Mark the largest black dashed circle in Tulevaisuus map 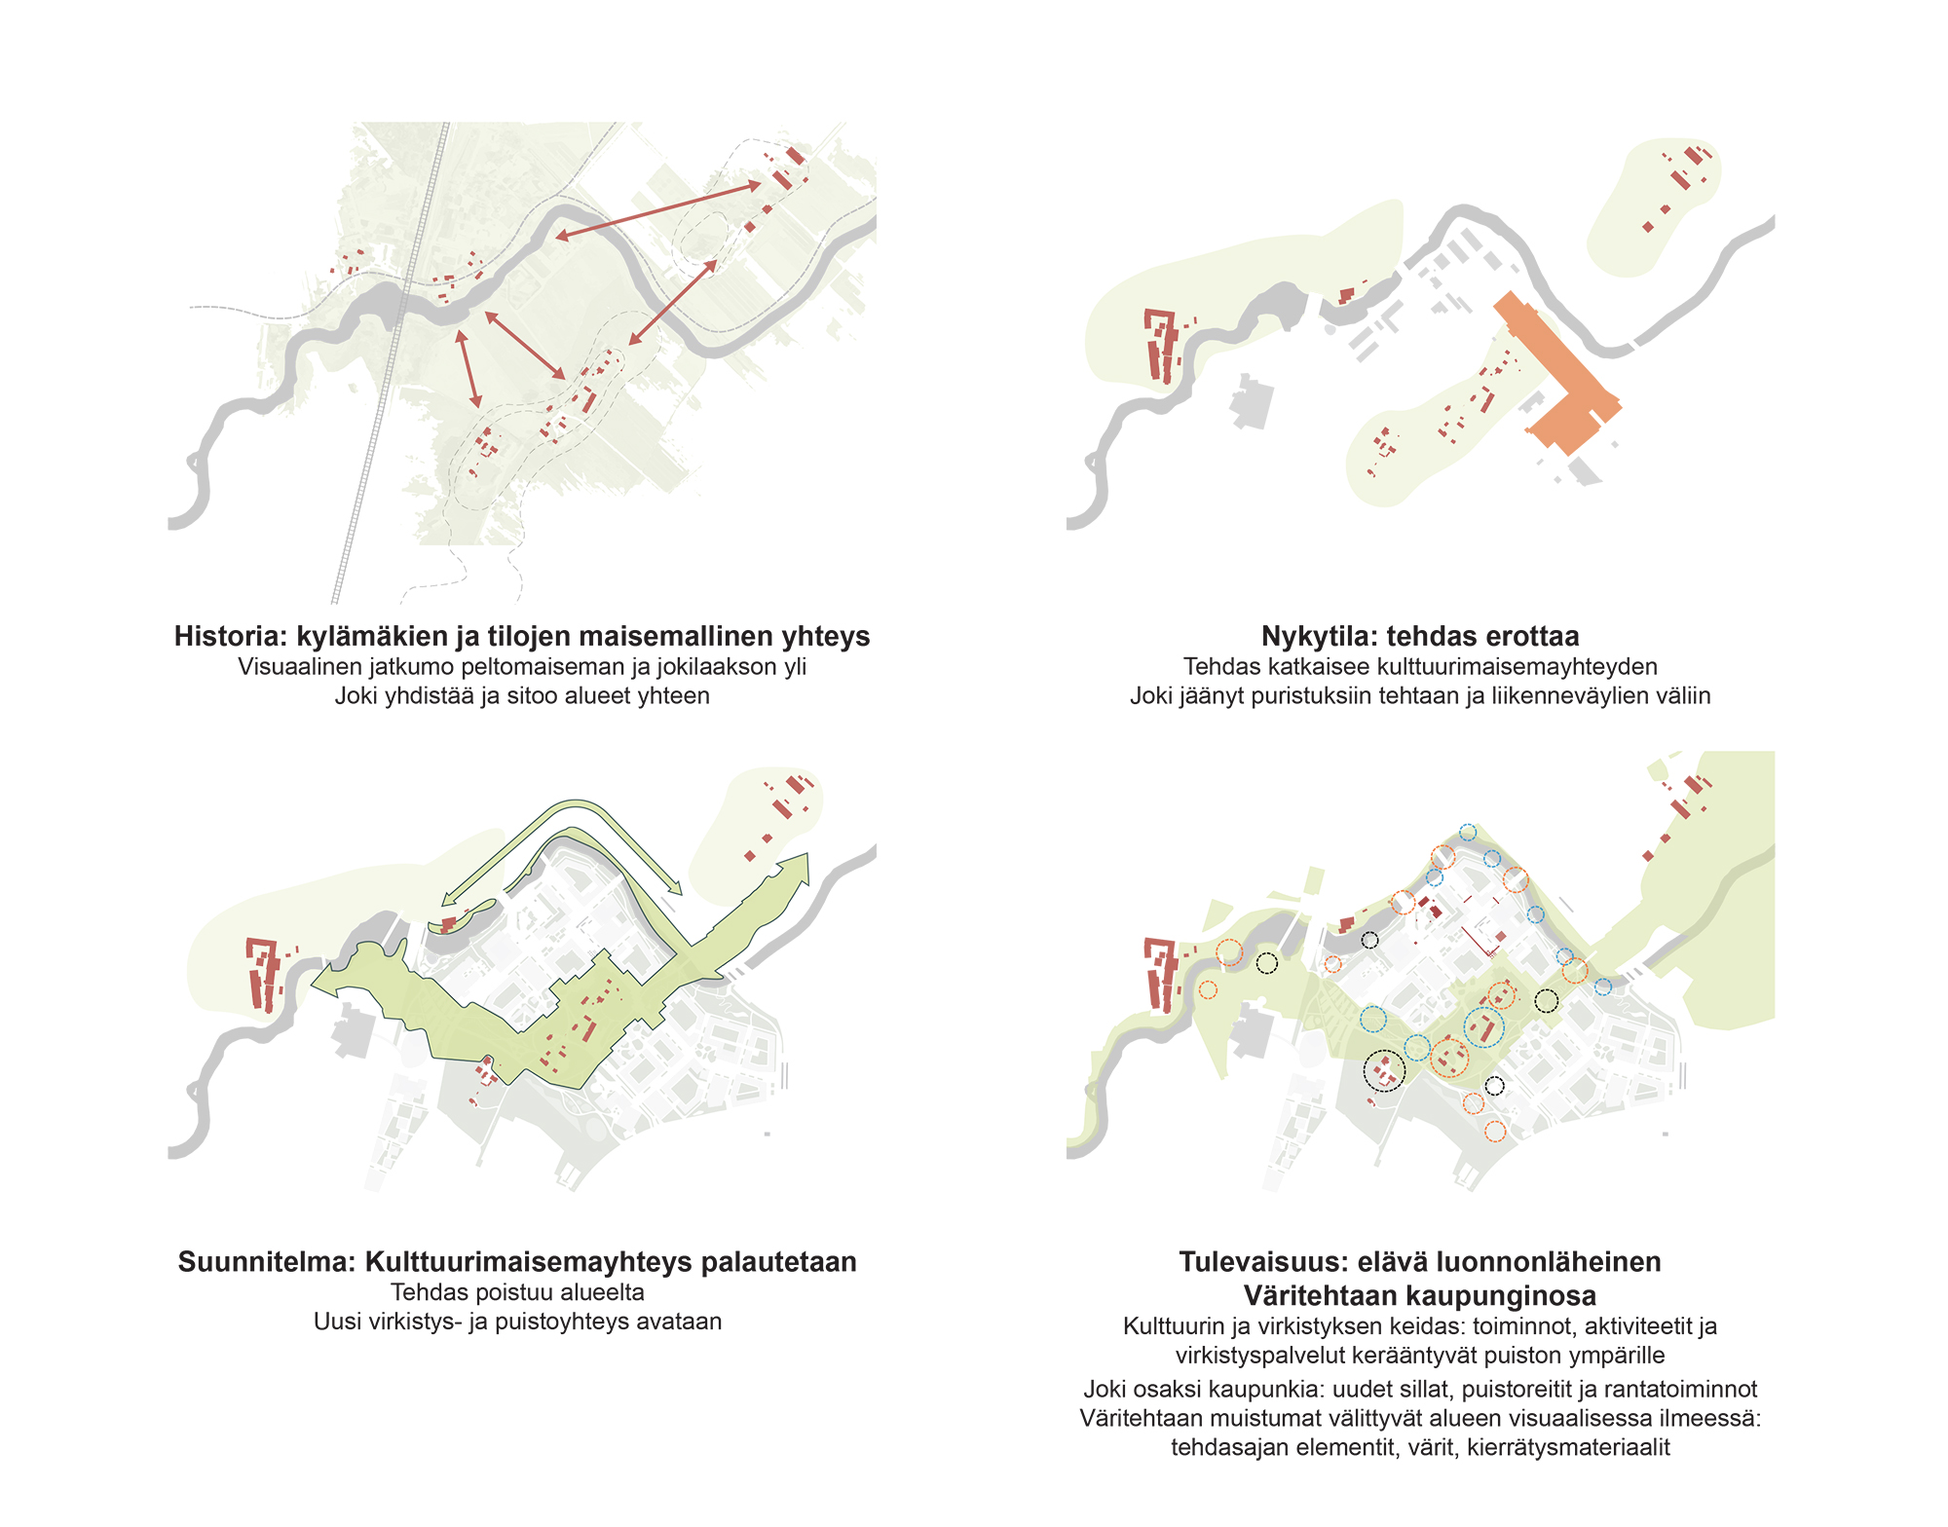point(1384,1070)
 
